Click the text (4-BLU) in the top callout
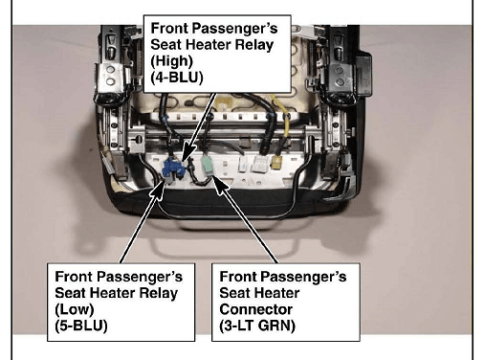coord(177,78)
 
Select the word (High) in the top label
coord(171,61)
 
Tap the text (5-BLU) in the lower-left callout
coord(81,326)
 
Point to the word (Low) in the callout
coord(75,309)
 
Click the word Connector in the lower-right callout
coord(256,309)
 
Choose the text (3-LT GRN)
coord(257,326)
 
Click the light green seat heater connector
coord(209,166)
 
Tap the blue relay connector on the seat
coord(173,169)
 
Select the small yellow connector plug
coord(276,162)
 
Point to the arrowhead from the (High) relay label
coord(189,152)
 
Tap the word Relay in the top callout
coord(254,45)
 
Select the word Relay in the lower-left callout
coord(159,293)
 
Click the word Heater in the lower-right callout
coord(283,293)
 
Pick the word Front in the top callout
coord(168,28)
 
